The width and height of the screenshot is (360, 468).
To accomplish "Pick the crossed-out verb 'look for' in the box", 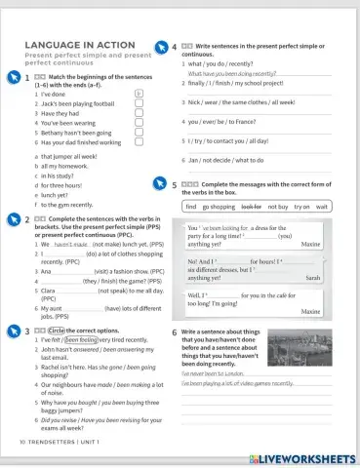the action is (251, 208).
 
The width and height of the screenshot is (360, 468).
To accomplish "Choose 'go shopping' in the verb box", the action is (219, 208).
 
